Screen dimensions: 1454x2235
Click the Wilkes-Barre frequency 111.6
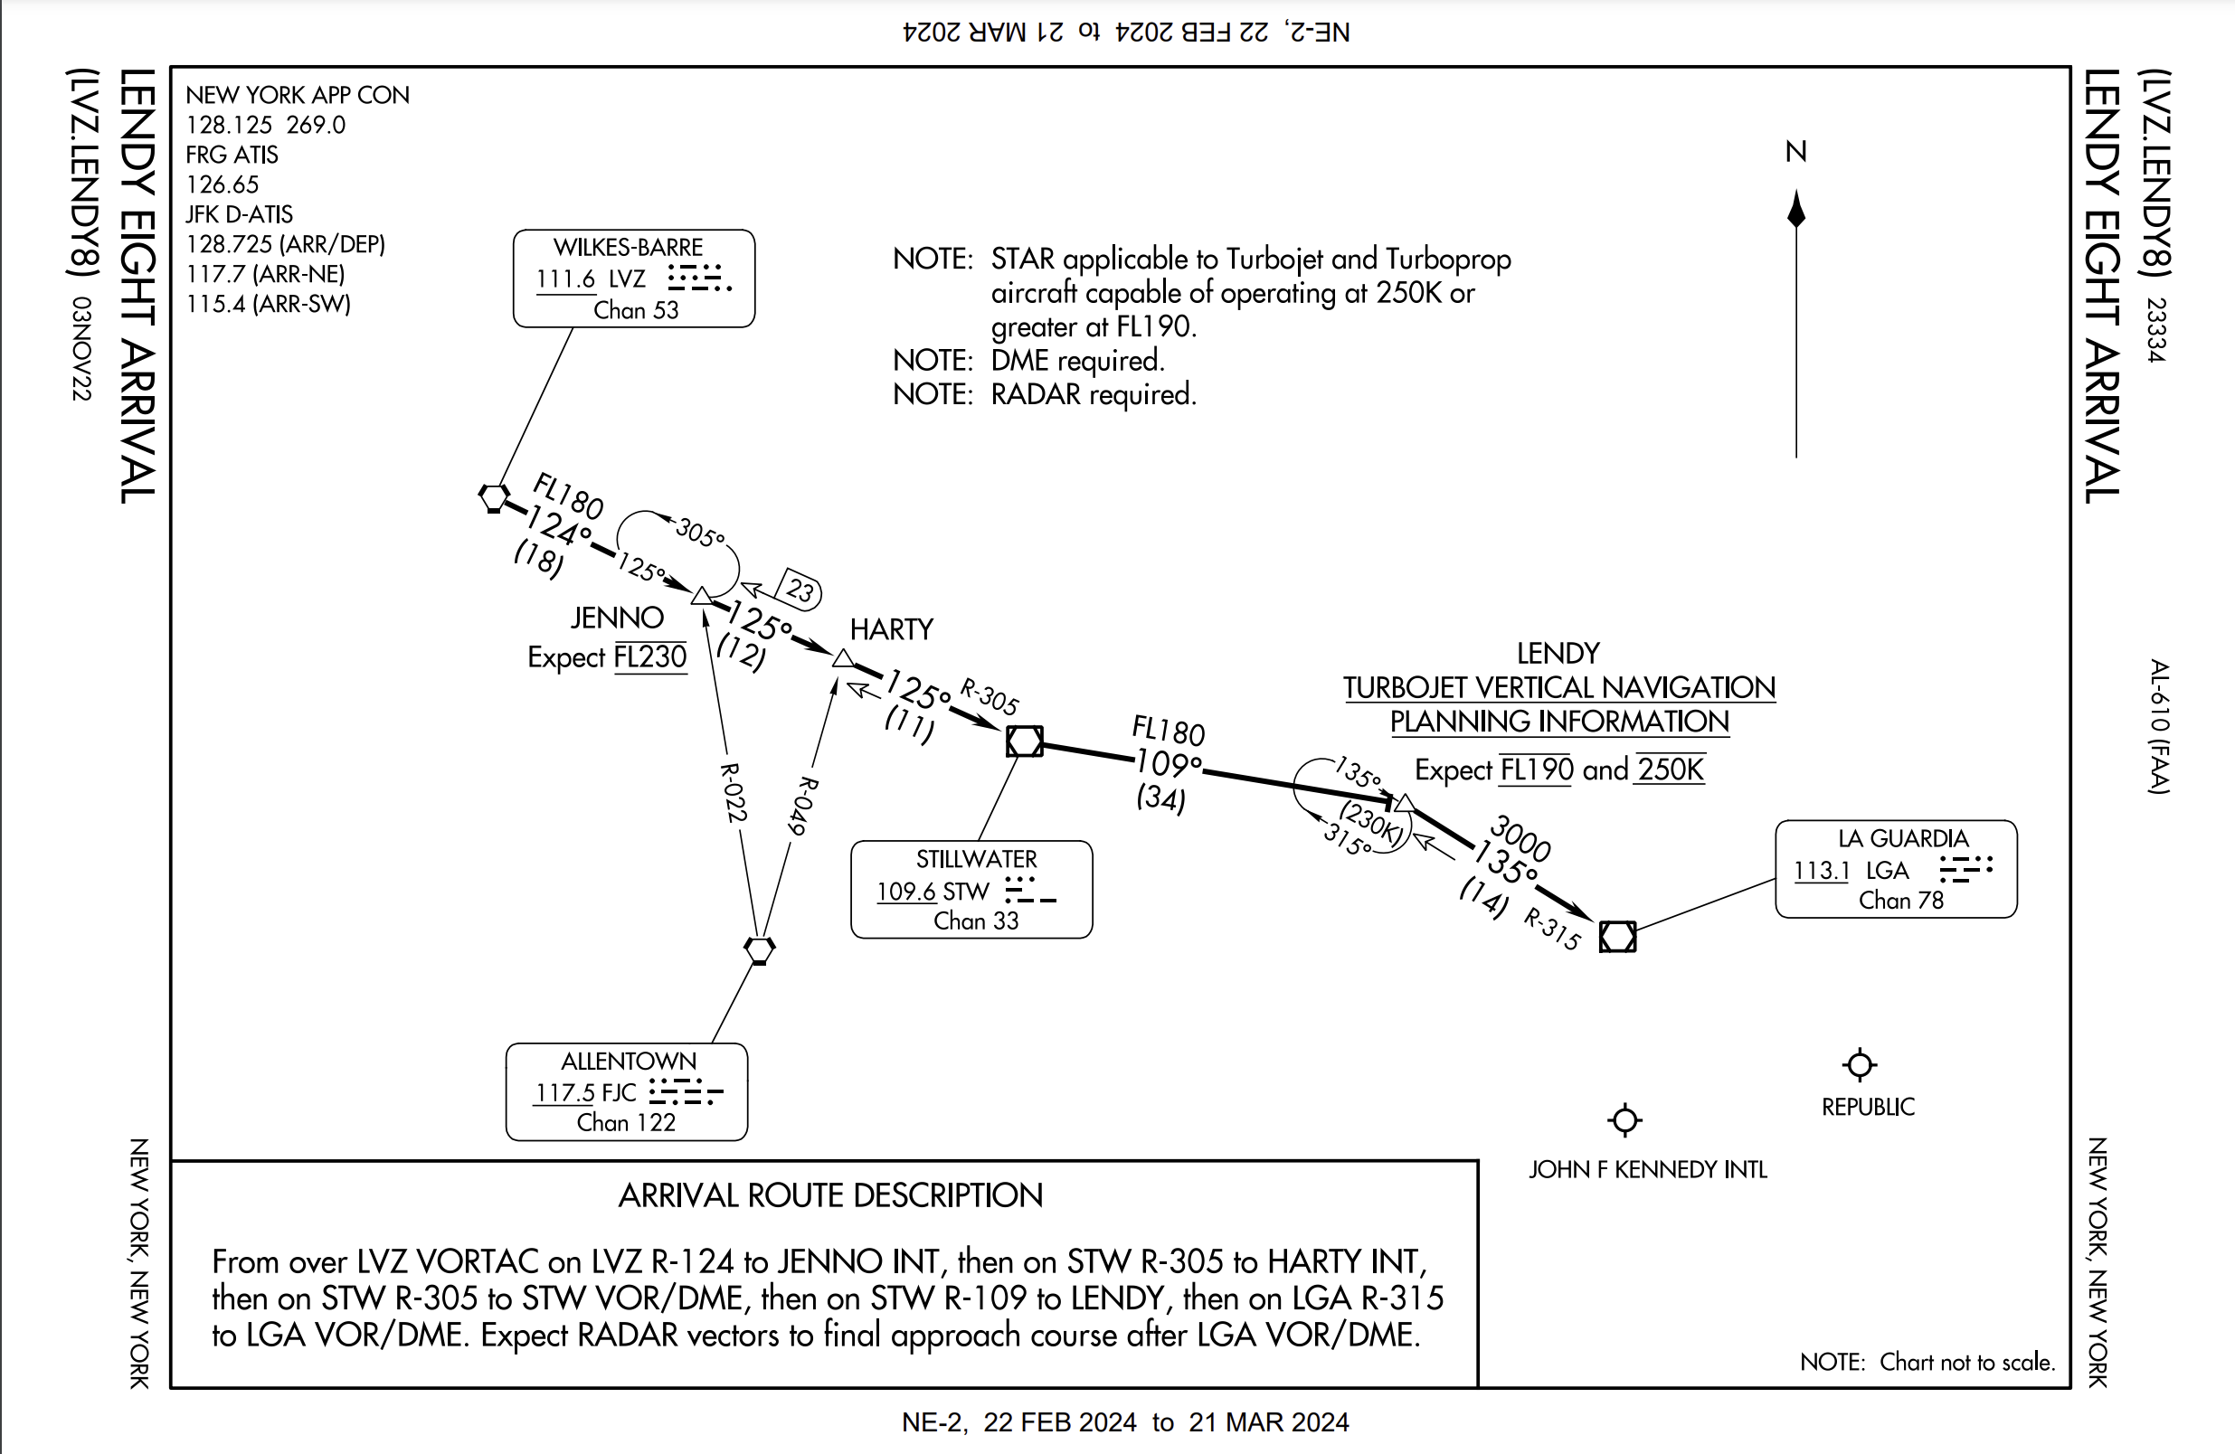pos(565,279)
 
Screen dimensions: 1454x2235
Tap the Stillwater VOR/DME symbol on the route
pos(1024,741)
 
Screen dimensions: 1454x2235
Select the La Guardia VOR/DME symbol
pos(1617,936)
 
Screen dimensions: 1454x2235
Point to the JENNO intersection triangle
pos(702,596)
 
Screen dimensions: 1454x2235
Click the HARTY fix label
pos(891,629)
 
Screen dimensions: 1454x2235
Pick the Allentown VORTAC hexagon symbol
pos(759,949)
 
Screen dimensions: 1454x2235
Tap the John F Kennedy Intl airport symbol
pos(1624,1119)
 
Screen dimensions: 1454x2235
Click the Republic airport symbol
pos(1860,1064)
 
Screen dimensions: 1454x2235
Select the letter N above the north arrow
pos(1795,151)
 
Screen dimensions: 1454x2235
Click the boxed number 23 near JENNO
pos(800,590)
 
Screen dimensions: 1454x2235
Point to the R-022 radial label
pos(733,792)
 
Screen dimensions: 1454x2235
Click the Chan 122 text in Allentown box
pos(625,1123)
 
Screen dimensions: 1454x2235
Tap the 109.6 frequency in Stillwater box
pos(905,891)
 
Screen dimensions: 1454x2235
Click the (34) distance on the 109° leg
pos(1160,798)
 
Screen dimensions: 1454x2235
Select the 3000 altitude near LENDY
pos(1520,837)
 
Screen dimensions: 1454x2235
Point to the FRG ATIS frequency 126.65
pos(222,184)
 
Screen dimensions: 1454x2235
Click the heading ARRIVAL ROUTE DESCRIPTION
pos(830,1194)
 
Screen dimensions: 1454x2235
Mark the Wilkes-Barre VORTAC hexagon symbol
pos(494,496)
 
